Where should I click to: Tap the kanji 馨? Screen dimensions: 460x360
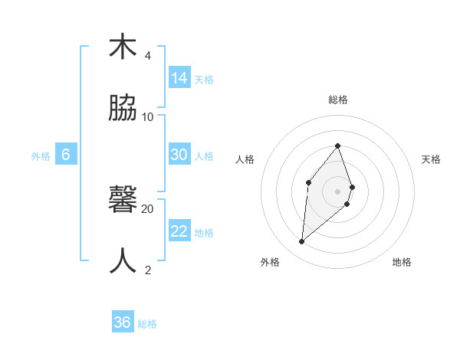[x=123, y=200]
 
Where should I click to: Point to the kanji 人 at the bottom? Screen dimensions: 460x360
[x=123, y=261]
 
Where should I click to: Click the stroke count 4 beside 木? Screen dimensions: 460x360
[x=148, y=56]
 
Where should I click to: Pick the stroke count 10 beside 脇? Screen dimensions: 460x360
[x=148, y=117]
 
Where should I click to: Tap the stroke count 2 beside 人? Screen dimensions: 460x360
[x=148, y=270]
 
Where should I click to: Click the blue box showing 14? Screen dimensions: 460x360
[x=179, y=78]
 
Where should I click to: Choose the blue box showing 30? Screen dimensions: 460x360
[x=179, y=155]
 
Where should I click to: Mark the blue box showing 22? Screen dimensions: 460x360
[x=179, y=231]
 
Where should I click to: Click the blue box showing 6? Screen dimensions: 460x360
[x=66, y=155]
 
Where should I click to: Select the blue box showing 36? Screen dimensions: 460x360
[x=123, y=322]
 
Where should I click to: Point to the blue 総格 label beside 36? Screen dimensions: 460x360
[x=147, y=324]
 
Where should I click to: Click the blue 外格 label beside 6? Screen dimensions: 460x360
[x=41, y=156]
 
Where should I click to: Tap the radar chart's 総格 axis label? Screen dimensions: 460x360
[x=338, y=100]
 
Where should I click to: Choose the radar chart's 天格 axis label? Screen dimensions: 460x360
[x=432, y=159]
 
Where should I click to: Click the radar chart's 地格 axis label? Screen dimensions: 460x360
[x=402, y=262]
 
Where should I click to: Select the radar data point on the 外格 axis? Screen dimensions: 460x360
[x=302, y=242]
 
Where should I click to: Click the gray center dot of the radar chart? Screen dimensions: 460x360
[x=338, y=191]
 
